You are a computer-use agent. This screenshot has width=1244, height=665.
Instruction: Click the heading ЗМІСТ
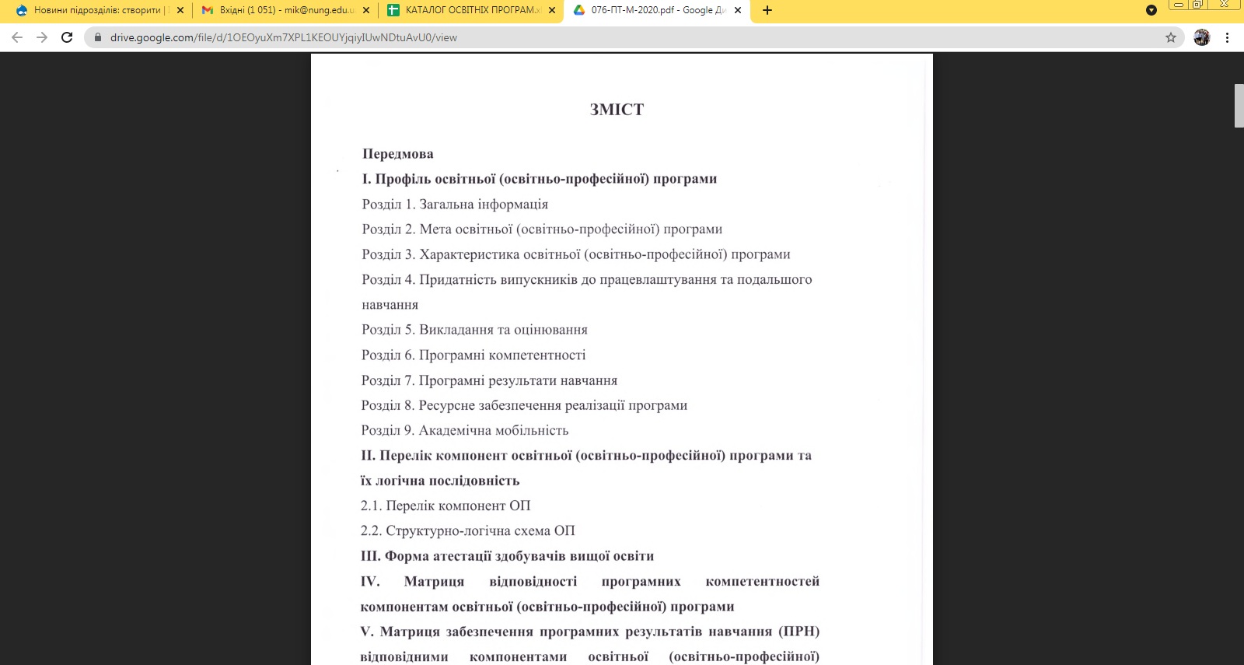[x=617, y=110]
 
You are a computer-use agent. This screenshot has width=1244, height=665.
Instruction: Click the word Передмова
[x=398, y=154]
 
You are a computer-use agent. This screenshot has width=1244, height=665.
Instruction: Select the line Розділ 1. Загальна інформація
[x=455, y=205]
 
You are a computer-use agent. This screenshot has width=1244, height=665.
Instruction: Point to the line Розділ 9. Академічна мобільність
[x=465, y=430]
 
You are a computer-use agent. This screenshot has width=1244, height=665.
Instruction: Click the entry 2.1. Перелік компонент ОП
[x=446, y=506]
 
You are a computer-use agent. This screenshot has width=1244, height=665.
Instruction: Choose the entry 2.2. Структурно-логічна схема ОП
[x=467, y=530]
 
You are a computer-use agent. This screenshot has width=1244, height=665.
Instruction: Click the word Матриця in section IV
[x=434, y=581]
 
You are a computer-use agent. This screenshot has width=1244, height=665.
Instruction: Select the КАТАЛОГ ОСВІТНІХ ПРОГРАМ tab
[x=466, y=10]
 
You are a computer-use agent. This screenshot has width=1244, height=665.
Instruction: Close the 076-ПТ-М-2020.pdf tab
[x=738, y=10]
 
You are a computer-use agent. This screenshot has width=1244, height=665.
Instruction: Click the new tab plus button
[x=767, y=10]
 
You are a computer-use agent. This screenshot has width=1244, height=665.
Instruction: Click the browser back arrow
[x=17, y=37]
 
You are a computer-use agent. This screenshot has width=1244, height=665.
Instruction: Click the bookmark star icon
[x=1171, y=37]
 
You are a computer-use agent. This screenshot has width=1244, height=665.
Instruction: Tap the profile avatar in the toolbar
[x=1201, y=37]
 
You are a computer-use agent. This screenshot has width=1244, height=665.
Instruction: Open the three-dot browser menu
[x=1227, y=37]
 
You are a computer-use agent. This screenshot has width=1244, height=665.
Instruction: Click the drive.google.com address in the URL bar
[x=283, y=37]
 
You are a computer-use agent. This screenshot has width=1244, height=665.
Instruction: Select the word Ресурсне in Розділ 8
[x=446, y=405]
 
